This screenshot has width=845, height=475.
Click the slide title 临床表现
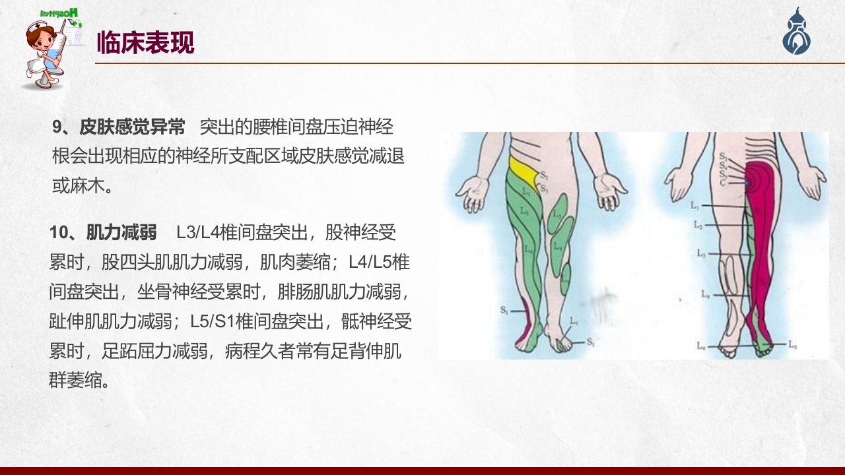[145, 43]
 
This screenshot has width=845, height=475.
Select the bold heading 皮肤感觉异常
[132, 127]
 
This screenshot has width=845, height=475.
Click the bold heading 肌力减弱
[121, 232]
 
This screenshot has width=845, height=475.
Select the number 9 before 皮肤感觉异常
[57, 127]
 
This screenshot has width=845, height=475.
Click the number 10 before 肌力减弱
[60, 232]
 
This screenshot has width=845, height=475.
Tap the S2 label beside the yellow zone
[543, 175]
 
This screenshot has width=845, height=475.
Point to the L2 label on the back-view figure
[698, 225]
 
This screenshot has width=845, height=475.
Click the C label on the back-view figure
[724, 182]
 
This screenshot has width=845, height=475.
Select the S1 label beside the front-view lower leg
[504, 310]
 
